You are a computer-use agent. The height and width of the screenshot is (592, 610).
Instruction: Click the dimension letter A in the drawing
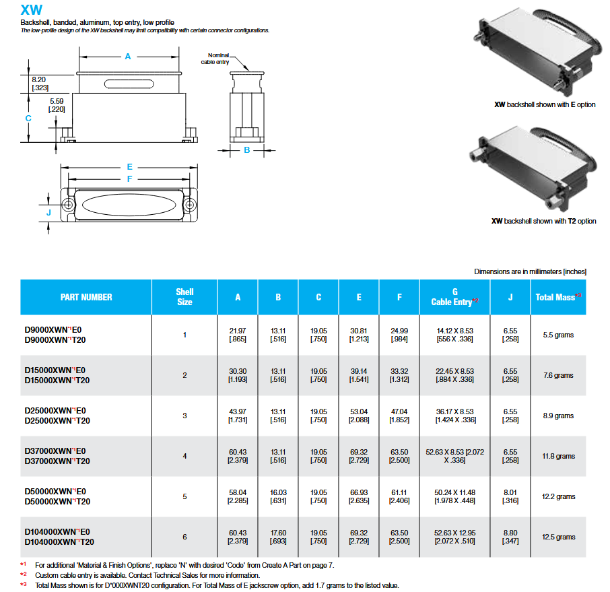[x=128, y=57]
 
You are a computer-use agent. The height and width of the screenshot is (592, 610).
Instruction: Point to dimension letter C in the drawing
[x=28, y=118]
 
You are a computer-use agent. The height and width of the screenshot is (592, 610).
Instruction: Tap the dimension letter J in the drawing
[x=48, y=213]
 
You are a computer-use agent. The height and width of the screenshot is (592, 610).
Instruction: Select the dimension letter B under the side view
[x=246, y=150]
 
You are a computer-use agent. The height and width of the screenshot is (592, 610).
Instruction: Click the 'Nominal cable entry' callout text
[x=219, y=59]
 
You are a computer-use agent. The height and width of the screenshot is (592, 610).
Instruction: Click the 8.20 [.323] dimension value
[x=40, y=84]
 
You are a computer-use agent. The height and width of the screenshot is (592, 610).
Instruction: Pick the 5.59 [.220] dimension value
[x=57, y=105]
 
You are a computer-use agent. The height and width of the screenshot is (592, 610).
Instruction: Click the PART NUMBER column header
[x=86, y=297]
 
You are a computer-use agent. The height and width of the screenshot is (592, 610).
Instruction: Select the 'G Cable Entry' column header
[x=454, y=297]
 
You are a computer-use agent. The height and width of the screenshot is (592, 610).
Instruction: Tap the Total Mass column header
[x=558, y=297]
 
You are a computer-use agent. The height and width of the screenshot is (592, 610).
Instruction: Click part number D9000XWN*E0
[x=57, y=329]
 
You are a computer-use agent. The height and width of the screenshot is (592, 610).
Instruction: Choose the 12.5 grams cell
[x=558, y=537]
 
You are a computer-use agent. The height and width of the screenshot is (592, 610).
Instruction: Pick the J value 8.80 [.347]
[x=510, y=537]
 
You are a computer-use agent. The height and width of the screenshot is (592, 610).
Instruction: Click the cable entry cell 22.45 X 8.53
[x=454, y=371]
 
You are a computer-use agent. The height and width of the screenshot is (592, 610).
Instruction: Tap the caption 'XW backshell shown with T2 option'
[x=543, y=221]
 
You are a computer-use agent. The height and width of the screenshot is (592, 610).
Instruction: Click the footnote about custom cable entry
[x=147, y=575]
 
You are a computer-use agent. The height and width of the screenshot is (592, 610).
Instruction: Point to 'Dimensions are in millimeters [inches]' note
[x=530, y=271]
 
